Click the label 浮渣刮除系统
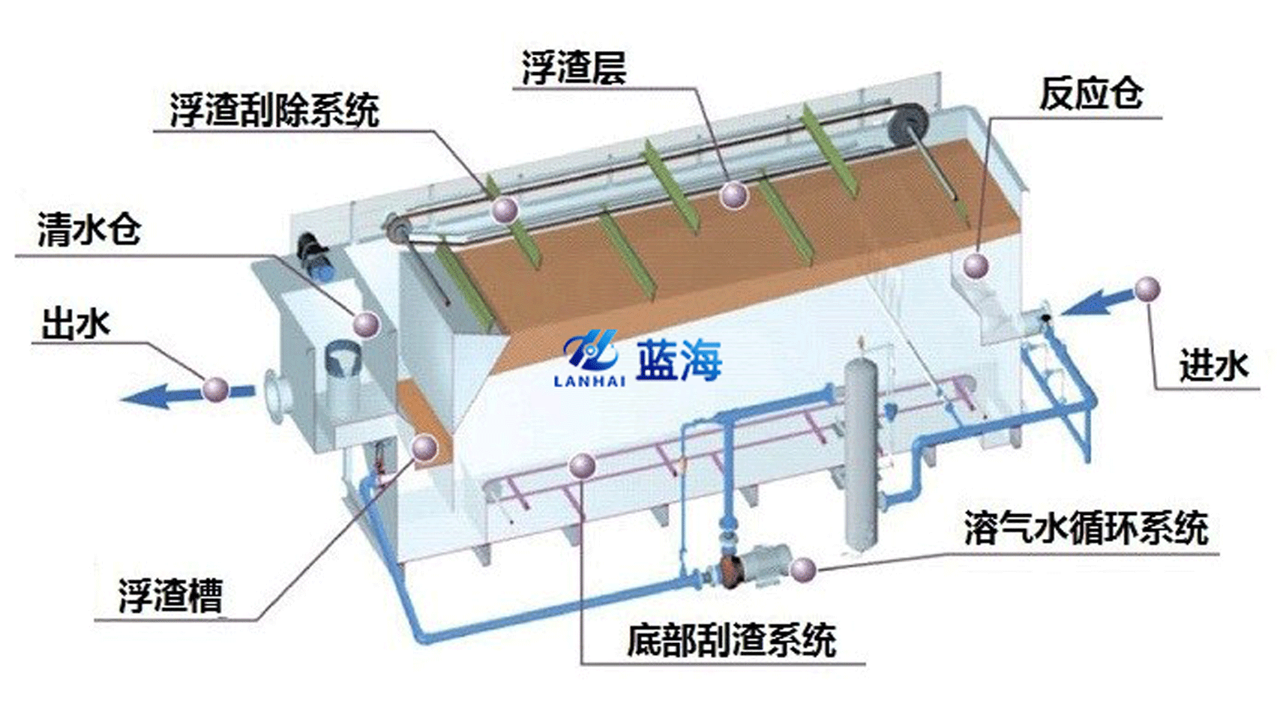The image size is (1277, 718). (274, 111)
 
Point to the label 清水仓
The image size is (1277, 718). (89, 229)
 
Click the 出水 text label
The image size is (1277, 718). (76, 325)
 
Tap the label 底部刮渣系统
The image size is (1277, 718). (731, 640)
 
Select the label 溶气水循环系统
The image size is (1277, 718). (1086, 528)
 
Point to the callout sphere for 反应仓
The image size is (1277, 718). (976, 265)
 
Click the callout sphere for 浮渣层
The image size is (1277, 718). (734, 196)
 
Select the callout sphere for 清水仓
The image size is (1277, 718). (367, 324)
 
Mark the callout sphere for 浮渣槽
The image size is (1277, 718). (424, 447)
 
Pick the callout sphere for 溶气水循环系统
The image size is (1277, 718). (802, 570)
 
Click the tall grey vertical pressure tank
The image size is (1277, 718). (861, 457)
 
